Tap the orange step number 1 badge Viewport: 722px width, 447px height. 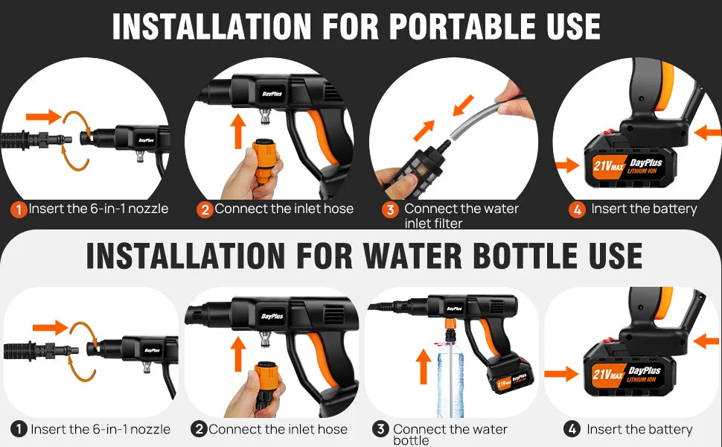pyautogui.click(x=19, y=209)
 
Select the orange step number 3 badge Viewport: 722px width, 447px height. pyautogui.click(x=390, y=210)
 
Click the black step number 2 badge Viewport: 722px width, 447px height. pyautogui.click(x=199, y=429)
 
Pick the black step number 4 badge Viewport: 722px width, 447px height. pyautogui.click(x=572, y=429)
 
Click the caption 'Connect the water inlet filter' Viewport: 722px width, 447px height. pyautogui.click(x=461, y=216)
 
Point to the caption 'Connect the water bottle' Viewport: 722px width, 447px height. pyautogui.click(x=450, y=434)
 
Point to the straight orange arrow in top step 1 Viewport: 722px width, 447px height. pyautogui.click(x=42, y=115)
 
